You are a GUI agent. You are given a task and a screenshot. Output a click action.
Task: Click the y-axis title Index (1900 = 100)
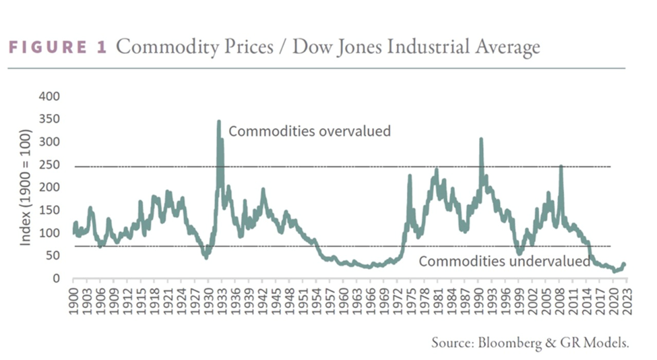[x=26, y=188]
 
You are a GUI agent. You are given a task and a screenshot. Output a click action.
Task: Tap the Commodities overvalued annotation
[x=309, y=131]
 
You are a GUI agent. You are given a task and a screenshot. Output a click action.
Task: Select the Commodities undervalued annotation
[x=505, y=262]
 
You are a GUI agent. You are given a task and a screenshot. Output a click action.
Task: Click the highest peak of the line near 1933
[x=218, y=122]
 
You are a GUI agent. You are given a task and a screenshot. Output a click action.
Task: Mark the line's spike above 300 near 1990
[x=481, y=140]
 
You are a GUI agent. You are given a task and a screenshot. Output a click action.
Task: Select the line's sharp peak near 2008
[x=561, y=166]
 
